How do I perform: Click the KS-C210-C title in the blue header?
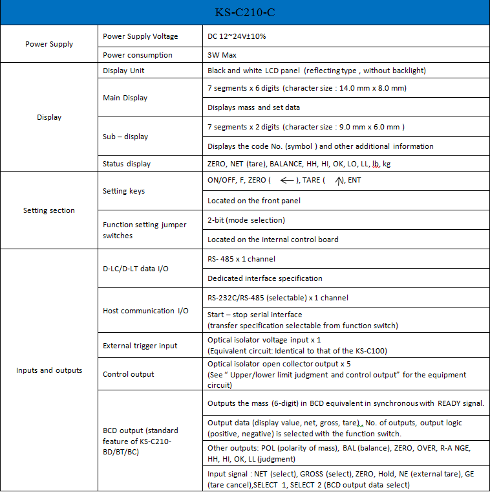[x=244, y=12]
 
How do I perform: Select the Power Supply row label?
[x=49, y=45]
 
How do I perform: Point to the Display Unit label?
[x=123, y=71]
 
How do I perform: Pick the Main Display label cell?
[x=125, y=98]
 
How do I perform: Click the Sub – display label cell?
[x=125, y=137]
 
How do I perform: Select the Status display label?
[x=127, y=164]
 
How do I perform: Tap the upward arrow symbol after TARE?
[x=339, y=181]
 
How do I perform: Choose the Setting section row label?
[x=49, y=210]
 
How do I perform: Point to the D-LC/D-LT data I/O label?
[x=136, y=269]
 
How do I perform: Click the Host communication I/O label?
[x=145, y=311]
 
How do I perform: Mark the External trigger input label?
[x=140, y=346]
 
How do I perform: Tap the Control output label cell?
[x=129, y=374]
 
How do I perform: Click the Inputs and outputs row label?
[x=49, y=370]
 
